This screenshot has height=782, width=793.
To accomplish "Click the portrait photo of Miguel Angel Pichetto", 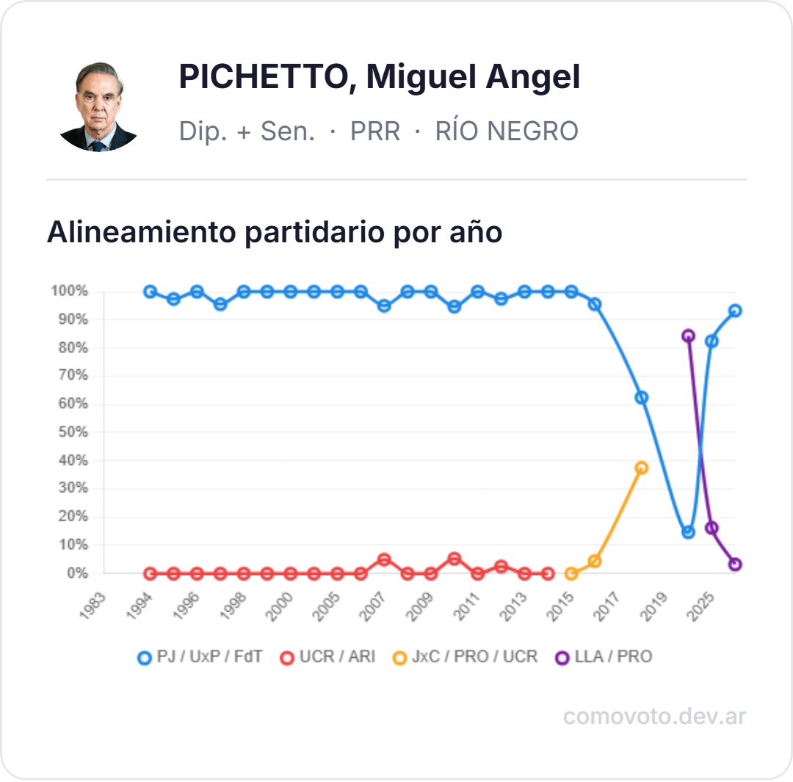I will (x=98, y=106).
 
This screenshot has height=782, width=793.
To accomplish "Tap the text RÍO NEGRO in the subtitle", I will (x=507, y=131).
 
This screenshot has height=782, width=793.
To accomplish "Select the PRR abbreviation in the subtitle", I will (x=374, y=131).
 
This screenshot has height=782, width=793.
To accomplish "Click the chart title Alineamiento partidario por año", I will (x=275, y=232).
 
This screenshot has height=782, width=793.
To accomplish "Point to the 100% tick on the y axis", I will (x=70, y=292).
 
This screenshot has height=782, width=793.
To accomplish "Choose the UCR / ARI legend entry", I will (x=327, y=656).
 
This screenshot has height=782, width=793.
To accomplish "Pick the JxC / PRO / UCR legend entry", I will (x=465, y=656).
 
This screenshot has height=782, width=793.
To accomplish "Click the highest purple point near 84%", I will (x=688, y=336).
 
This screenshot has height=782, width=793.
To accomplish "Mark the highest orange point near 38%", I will (x=641, y=468).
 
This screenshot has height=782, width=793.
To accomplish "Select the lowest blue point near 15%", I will (x=688, y=532).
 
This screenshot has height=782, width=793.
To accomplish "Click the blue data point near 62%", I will (x=641, y=397).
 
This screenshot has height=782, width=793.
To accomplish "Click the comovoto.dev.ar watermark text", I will (x=654, y=716).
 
